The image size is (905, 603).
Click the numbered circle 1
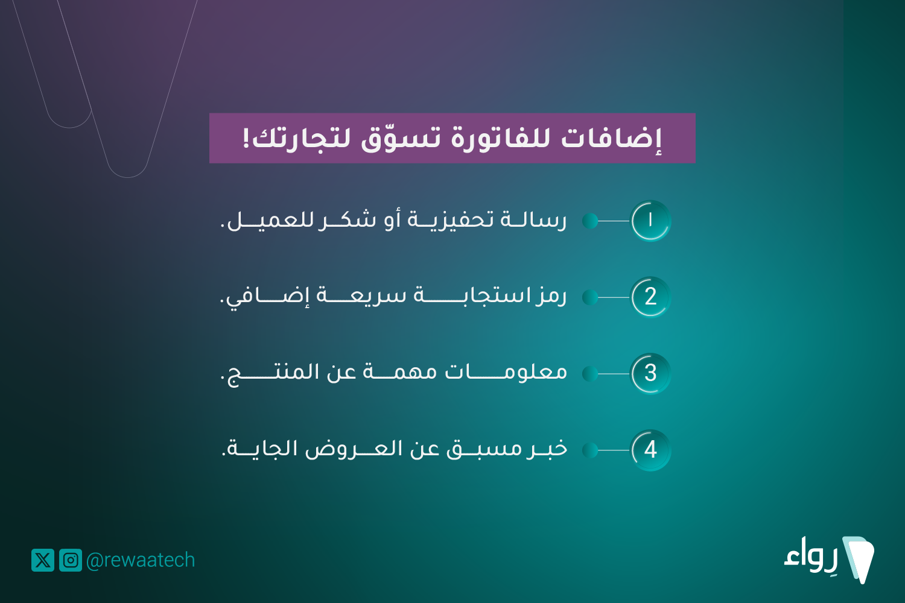pos(650,221)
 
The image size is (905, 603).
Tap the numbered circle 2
pos(650,297)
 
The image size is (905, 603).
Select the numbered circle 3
pos(650,374)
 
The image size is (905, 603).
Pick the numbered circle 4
pos(650,450)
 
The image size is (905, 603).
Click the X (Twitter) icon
pos(43,560)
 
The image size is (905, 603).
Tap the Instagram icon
pos(71,560)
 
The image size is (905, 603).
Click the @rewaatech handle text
pos(141,560)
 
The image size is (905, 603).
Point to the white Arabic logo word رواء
pos(811,557)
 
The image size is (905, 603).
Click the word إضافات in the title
pos(612,138)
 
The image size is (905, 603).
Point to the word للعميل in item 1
pos(270,221)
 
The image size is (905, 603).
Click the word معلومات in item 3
pos(506,371)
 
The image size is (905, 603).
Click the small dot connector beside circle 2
pos(590,297)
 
